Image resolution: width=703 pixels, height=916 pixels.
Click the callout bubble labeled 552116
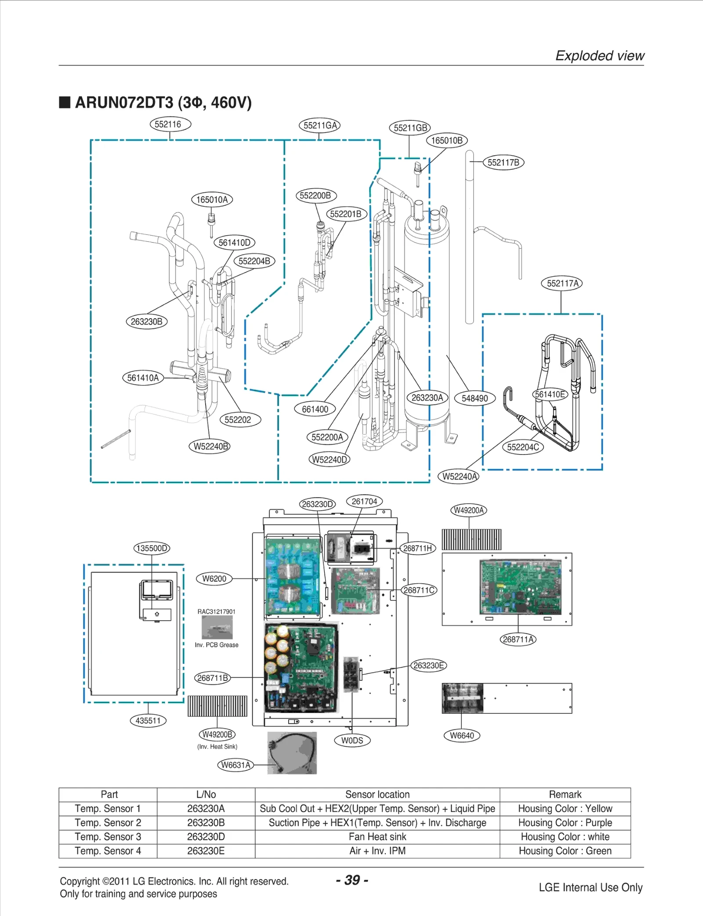tap(170, 124)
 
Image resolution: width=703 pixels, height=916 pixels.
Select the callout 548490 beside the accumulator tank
tap(475, 398)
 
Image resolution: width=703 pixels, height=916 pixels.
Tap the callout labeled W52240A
tap(459, 476)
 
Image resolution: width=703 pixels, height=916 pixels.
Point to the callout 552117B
tap(504, 163)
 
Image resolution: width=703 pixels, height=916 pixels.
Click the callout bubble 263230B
tap(146, 322)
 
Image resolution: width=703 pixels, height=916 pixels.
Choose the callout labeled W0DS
tap(352, 741)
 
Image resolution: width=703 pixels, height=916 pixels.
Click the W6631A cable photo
tap(292, 753)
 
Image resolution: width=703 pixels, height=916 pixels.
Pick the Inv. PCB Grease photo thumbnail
tap(217, 627)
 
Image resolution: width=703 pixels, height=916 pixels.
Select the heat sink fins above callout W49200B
tap(217, 706)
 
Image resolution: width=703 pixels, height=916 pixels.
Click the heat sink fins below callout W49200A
tap(471, 540)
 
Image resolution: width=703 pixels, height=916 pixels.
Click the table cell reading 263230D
tap(206, 837)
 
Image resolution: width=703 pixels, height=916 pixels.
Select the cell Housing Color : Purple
tap(565, 823)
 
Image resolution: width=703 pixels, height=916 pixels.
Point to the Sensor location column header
tap(377, 795)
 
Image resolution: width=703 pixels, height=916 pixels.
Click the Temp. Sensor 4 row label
tap(108, 851)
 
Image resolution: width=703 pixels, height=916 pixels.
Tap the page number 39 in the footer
tap(352, 880)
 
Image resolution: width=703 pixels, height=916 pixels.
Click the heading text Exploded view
tap(599, 56)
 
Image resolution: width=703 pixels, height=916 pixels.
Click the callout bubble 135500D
tap(152, 548)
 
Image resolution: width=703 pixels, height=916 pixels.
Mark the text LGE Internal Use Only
tap(590, 887)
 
